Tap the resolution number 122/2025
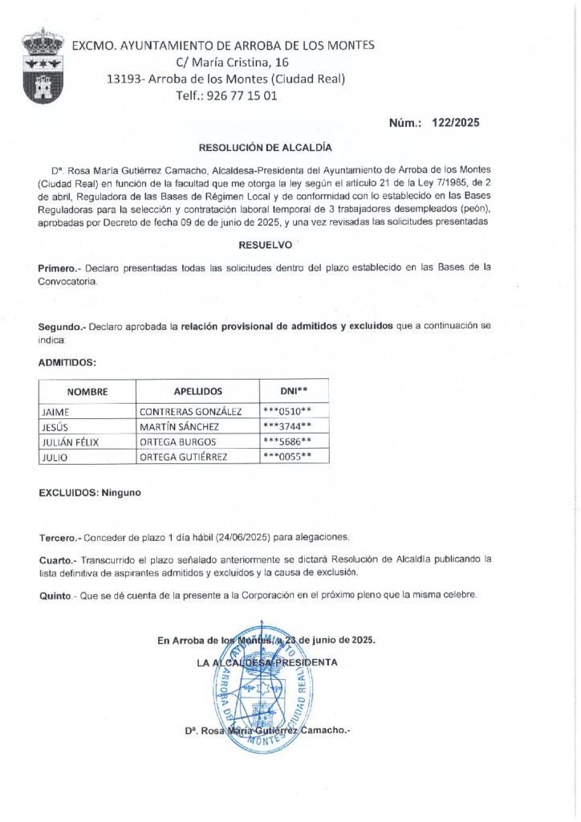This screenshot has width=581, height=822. pyautogui.click(x=455, y=123)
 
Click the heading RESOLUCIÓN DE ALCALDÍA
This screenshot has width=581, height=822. pyautogui.click(x=265, y=148)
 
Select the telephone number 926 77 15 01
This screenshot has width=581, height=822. pyautogui.click(x=242, y=95)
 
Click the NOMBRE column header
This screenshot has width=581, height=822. pyautogui.click(x=87, y=391)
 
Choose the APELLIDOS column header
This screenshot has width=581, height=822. pyautogui.click(x=197, y=391)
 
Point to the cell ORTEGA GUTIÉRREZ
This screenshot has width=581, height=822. pyautogui.click(x=183, y=457)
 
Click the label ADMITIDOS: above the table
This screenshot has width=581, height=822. pyautogui.click(x=67, y=362)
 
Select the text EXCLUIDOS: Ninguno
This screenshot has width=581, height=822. pyautogui.click(x=90, y=492)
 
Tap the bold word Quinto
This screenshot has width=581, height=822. pyautogui.click(x=55, y=595)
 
